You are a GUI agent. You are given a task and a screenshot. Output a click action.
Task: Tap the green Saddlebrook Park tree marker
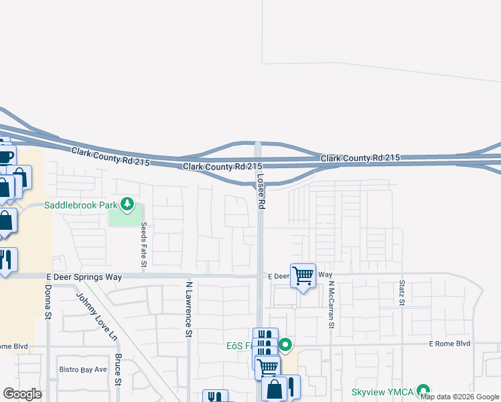tap(126, 204)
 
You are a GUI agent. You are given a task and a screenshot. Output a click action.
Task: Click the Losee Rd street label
tap(261, 192)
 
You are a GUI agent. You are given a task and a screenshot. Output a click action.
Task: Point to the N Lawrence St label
tap(189, 309)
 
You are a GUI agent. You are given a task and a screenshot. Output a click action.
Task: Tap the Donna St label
tap(48, 302)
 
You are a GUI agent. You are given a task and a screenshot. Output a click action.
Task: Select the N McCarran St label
tap(331, 304)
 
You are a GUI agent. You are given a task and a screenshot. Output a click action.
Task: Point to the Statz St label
tap(402, 293)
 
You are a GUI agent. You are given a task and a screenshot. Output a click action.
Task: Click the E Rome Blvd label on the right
tap(449, 343)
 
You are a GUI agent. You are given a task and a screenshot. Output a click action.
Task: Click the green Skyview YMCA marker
tap(423, 390)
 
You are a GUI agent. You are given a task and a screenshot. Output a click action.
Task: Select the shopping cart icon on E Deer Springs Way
tap(303, 274)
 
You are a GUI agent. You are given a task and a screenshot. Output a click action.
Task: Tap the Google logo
tap(23, 394)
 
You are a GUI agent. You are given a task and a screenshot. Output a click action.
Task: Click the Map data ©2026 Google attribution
tap(459, 397)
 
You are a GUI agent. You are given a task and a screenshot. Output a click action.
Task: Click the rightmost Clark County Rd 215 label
tap(360, 158)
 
